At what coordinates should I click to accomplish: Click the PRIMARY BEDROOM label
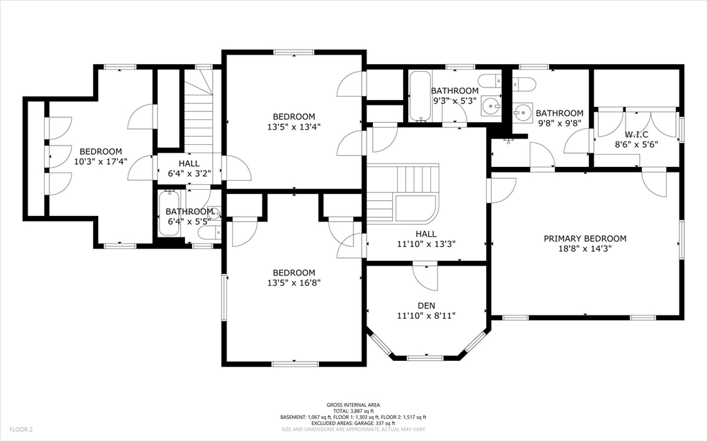[585, 239]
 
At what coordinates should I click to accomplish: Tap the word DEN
[426, 305]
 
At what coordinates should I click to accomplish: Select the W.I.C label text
[637, 134]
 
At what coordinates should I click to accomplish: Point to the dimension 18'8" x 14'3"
[585, 248]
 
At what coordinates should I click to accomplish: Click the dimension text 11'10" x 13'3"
[426, 244]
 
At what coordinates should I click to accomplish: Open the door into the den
[426, 276]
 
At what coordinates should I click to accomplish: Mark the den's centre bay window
[426, 357]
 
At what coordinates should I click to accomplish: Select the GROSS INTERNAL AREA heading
[353, 404]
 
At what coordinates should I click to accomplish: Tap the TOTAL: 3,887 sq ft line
[353, 411]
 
